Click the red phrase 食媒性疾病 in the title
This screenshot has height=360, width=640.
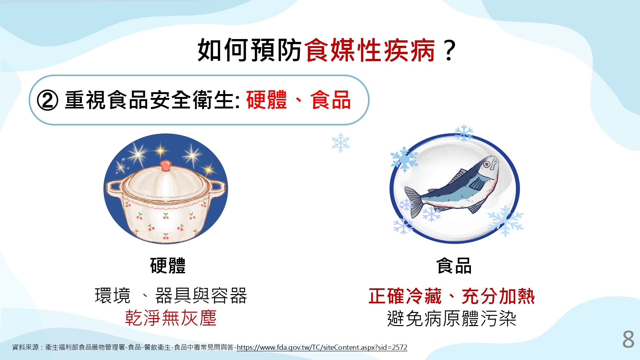click(370, 50)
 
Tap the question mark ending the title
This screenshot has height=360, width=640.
click(450, 50)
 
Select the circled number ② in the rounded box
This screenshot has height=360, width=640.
click(48, 100)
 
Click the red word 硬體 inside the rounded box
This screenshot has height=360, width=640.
click(267, 100)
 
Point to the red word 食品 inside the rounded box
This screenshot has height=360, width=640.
click(331, 100)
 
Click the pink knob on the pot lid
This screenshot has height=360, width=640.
click(165, 165)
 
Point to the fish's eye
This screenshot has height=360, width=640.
click(487, 164)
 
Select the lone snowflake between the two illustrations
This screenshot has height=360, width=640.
click(341, 143)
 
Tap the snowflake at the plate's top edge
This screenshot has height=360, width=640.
click(464, 133)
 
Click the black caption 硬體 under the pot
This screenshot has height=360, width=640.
click(168, 266)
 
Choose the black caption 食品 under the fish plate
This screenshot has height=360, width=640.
click(454, 266)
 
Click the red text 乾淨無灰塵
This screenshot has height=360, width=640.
click(171, 318)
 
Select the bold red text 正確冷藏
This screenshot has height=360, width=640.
click(405, 296)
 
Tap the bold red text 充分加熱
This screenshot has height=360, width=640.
click(499, 296)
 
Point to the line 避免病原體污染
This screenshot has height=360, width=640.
click(452, 318)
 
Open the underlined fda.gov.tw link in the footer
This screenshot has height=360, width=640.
click(322, 347)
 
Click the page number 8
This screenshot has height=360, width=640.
click(628, 340)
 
